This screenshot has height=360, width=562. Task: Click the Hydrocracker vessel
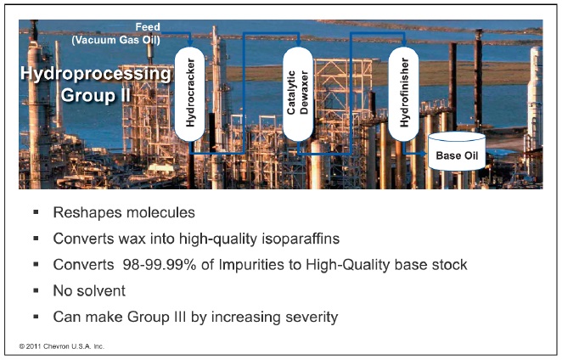[189, 93]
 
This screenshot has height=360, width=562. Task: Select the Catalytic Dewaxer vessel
[298, 93]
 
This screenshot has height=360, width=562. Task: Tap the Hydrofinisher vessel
[403, 93]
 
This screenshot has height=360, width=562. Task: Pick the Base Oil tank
[457, 151]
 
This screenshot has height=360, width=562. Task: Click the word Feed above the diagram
[148, 27]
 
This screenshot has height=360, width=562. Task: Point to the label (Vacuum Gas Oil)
[115, 40]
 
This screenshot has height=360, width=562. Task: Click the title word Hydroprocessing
[96, 74]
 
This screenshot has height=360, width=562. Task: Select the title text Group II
[95, 95]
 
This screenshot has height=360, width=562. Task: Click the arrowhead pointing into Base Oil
[423, 154]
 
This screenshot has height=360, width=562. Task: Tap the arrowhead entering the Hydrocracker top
[190, 43]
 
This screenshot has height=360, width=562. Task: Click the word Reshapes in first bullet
[84, 212]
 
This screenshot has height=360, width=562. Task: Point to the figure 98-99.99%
[160, 265]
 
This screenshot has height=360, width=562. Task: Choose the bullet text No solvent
[89, 290]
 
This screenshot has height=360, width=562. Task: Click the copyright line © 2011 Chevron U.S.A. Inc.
[62, 346]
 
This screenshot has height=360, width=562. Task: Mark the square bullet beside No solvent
[36, 290]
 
